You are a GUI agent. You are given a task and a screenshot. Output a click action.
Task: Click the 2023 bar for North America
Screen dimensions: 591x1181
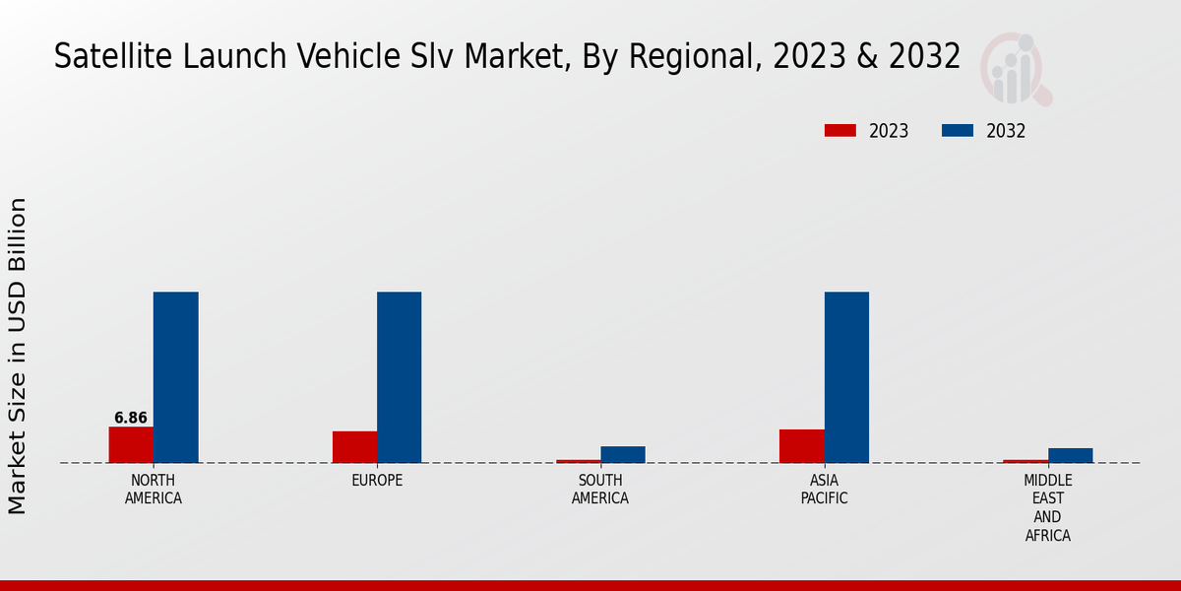tap(131, 444)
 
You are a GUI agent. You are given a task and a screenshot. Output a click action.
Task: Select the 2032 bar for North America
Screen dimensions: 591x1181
tap(175, 377)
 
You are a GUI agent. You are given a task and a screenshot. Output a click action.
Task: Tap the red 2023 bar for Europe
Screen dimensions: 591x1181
tap(354, 446)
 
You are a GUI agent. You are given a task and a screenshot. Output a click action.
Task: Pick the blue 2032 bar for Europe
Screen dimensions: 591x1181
tap(399, 377)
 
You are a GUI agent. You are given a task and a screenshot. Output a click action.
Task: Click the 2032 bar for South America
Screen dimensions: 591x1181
tap(623, 454)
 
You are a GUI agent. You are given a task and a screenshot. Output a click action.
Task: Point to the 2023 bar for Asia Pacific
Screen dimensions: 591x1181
tap(801, 445)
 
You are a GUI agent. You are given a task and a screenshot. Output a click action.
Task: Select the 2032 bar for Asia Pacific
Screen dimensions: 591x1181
tap(846, 377)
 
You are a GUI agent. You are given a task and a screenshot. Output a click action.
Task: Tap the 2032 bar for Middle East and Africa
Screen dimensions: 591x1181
tap(1070, 455)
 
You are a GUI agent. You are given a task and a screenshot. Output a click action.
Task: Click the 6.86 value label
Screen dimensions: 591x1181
tap(131, 418)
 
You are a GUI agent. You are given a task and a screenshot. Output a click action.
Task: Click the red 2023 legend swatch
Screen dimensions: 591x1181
tap(840, 131)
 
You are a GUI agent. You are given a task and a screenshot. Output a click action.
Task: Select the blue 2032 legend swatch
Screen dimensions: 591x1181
tap(958, 131)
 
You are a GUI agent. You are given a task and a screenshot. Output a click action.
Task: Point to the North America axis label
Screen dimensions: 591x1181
tap(154, 490)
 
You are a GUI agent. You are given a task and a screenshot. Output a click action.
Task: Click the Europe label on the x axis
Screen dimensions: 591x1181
tap(377, 481)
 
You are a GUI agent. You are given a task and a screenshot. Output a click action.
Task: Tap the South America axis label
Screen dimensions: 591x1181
tap(600, 490)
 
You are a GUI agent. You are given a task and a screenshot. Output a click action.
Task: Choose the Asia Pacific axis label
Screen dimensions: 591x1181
tap(824, 490)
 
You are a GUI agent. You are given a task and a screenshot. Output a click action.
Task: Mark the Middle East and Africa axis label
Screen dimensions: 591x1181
tap(1047, 507)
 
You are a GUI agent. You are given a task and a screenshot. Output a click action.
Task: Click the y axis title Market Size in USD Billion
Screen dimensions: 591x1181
tap(18, 356)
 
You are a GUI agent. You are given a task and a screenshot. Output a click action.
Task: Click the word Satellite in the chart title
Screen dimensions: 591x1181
tap(101, 56)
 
